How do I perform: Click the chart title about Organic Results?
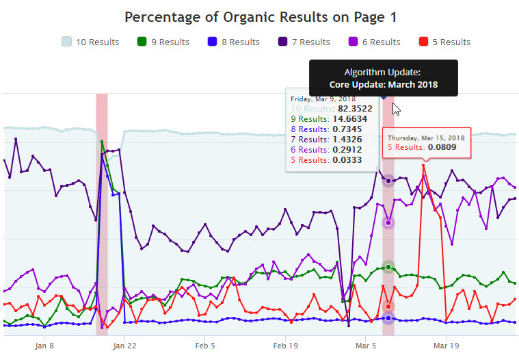(261, 16)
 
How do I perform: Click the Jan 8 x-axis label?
(44, 346)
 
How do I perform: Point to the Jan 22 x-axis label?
(124, 346)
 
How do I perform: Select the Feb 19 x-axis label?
(285, 346)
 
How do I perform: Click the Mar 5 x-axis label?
(365, 346)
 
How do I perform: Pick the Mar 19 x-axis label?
(446, 346)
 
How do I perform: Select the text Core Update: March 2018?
(383, 85)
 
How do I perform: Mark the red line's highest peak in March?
(424, 165)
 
